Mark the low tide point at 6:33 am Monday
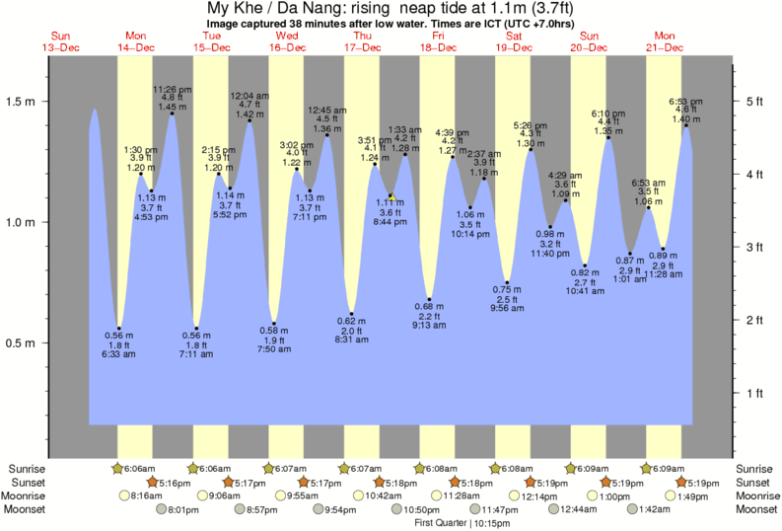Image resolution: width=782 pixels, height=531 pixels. point(119,328)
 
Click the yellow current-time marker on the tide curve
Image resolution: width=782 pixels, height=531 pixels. point(391,196)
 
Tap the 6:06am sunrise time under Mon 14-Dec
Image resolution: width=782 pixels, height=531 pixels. point(138,468)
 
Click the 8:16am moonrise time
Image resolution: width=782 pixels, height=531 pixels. point(144,495)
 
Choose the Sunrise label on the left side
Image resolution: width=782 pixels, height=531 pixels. point(29,468)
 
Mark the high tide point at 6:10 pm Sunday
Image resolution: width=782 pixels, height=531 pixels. point(609,137)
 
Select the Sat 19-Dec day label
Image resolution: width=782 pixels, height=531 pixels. point(514,40)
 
